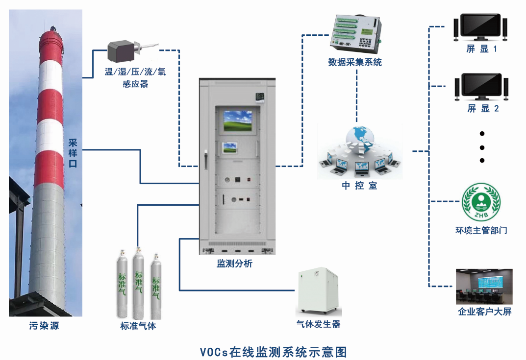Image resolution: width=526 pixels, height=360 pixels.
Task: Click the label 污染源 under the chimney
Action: (44, 326)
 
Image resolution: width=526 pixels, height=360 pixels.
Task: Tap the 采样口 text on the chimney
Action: (73, 153)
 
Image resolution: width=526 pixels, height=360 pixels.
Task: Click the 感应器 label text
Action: (135, 84)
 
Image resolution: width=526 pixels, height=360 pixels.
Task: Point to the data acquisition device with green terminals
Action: (356, 34)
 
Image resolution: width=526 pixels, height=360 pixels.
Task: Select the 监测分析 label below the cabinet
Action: (235, 264)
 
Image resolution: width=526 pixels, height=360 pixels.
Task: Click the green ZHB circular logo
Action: (481, 202)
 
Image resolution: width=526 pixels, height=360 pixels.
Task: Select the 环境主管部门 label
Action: (481, 230)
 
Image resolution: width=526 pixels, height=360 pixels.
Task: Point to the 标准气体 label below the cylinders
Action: (138, 326)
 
